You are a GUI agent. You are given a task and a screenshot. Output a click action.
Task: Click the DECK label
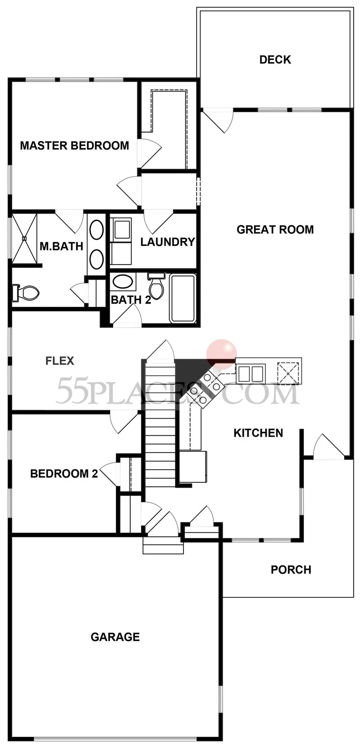point(275,60)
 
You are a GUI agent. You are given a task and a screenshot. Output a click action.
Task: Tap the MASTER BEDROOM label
point(75,146)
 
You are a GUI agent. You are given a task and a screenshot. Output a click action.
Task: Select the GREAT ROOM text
point(275,229)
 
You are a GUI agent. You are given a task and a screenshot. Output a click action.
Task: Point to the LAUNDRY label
point(167,242)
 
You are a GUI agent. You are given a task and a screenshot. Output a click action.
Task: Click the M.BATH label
point(61,246)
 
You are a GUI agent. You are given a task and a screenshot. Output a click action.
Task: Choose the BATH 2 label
point(131,300)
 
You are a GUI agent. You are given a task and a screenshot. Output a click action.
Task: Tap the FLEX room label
point(60,361)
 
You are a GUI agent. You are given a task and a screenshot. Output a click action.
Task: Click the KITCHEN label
point(258,433)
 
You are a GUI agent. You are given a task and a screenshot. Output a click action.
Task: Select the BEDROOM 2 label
point(64,473)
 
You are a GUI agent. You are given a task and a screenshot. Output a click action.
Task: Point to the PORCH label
point(291,570)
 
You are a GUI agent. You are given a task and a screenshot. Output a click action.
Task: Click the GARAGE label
point(115,637)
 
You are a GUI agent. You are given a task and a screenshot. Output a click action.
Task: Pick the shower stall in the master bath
point(24,239)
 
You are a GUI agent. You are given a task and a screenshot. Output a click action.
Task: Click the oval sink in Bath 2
point(122,281)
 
